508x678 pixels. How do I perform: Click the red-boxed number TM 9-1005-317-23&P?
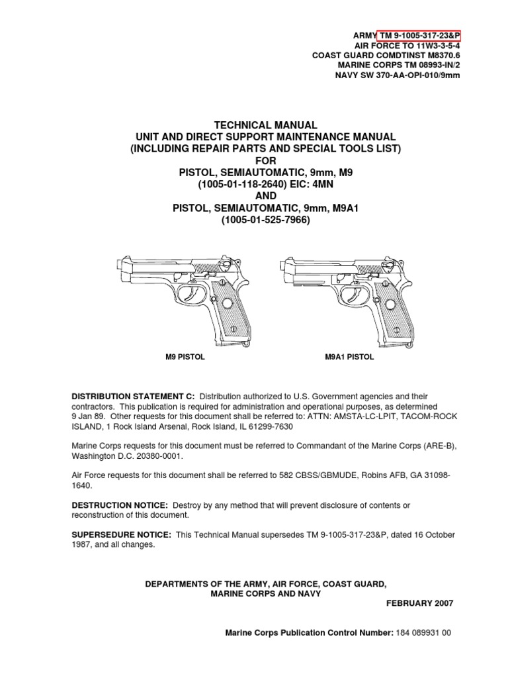[x=419, y=35]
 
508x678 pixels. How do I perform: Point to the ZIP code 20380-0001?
[x=151, y=457]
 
